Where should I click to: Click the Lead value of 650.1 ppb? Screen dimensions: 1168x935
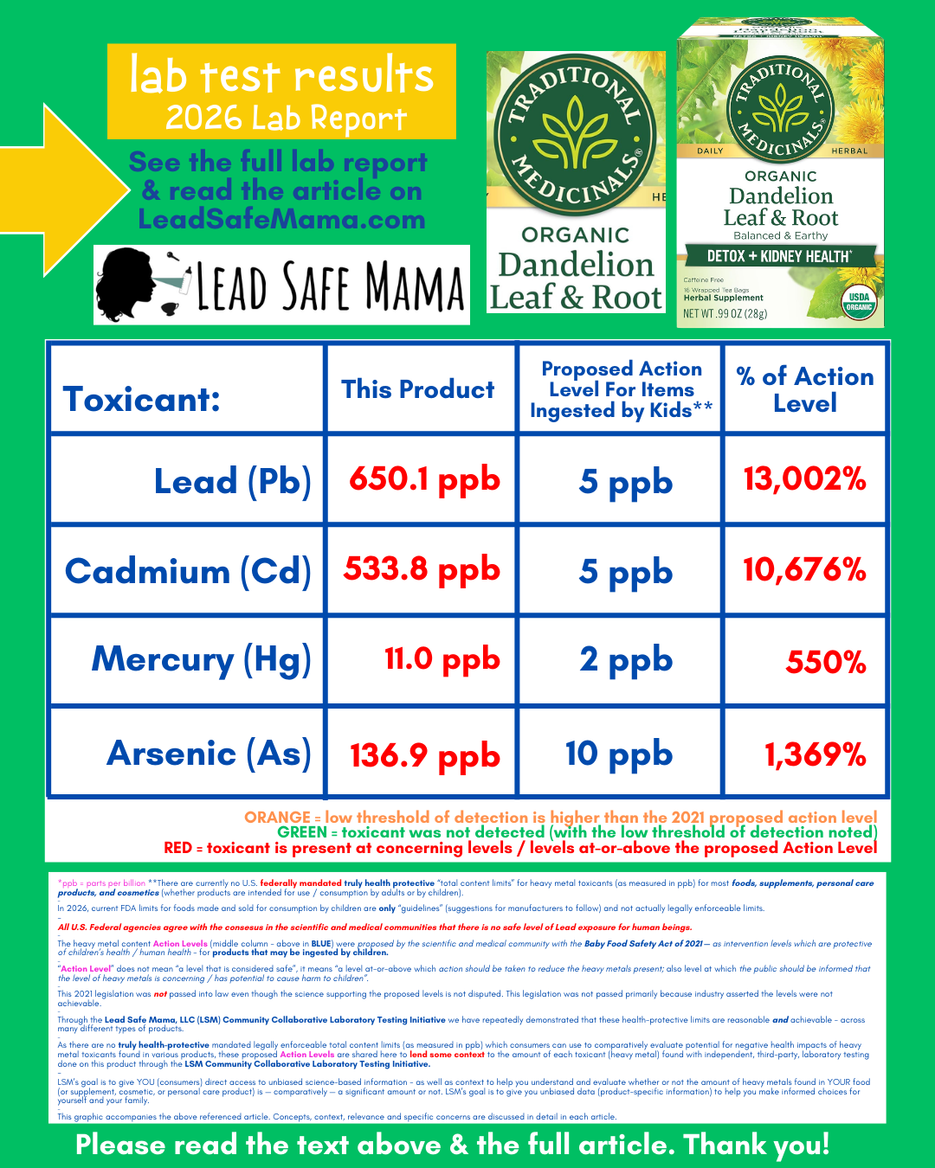[x=424, y=479]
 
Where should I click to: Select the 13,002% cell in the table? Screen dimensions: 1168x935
[x=804, y=479]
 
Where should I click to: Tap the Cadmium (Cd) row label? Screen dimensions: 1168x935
[x=188, y=571]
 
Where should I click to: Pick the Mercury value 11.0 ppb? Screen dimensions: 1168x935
[x=442, y=659]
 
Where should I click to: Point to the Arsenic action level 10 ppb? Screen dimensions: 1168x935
[x=619, y=754]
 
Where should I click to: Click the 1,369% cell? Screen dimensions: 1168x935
[x=815, y=754]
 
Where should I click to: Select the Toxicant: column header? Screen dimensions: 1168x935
[x=142, y=400]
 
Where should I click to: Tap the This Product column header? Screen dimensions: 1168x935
[x=417, y=389]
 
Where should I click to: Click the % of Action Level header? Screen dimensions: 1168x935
[x=804, y=389]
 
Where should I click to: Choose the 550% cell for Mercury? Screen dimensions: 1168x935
[x=826, y=663]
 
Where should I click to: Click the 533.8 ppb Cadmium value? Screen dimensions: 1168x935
[x=422, y=569]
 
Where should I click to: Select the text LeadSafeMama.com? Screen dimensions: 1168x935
[x=281, y=220]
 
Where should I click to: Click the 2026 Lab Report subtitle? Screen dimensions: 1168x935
[x=286, y=118]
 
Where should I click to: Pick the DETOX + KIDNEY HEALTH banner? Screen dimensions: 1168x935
[x=779, y=256]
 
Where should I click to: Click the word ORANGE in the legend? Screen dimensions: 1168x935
[x=277, y=818]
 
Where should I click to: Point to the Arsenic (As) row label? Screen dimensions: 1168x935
[x=209, y=754]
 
